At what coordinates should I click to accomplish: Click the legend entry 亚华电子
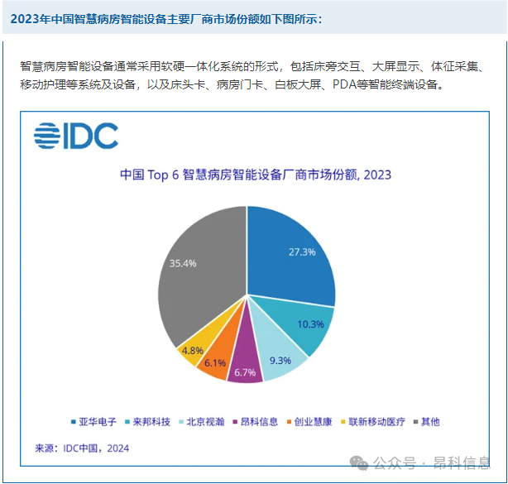click(98, 422)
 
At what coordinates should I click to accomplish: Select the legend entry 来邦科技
click(151, 422)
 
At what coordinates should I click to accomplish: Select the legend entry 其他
click(429, 422)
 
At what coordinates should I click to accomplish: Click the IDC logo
click(76, 136)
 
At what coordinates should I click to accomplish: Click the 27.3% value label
click(300, 252)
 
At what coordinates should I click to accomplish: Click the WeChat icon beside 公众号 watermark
click(361, 462)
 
